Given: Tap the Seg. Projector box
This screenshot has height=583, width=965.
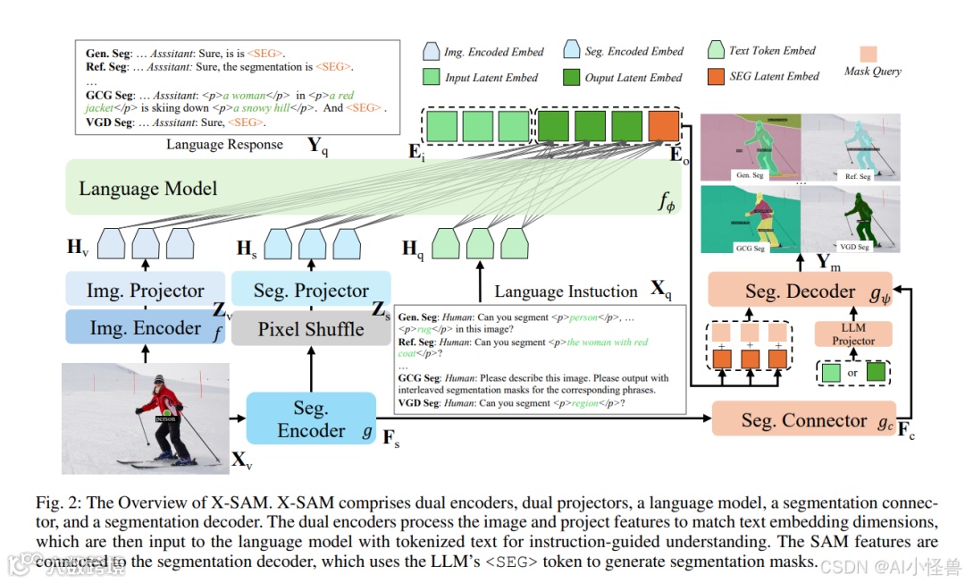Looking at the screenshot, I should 311,290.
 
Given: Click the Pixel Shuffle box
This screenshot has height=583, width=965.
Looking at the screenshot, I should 311,328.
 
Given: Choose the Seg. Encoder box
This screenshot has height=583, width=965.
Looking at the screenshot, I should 311,418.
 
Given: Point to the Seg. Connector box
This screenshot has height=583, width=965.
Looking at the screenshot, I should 804,419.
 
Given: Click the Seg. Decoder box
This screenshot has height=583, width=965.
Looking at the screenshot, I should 799,291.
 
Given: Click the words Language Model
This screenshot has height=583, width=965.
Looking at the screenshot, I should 147,189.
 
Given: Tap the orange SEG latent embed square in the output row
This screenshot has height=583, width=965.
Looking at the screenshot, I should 664,126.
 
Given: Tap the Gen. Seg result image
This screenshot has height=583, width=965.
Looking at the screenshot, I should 751,148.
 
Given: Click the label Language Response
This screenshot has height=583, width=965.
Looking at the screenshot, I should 224,145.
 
